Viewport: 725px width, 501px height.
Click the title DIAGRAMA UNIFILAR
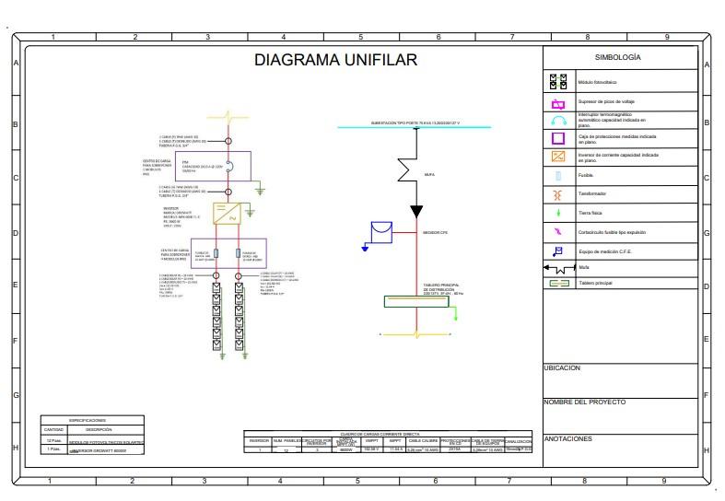click(336, 61)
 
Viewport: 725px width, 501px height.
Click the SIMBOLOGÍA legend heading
click(617, 57)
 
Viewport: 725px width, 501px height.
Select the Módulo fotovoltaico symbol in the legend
click(558, 82)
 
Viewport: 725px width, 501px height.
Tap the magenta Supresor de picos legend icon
click(558, 101)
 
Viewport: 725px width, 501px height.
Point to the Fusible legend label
click(585, 175)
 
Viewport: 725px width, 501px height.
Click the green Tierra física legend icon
click(558, 213)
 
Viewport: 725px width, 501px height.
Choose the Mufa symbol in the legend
click(558, 268)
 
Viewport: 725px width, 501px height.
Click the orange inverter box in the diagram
click(227, 214)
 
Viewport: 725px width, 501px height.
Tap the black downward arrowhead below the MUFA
click(416, 212)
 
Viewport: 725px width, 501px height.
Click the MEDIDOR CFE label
click(435, 234)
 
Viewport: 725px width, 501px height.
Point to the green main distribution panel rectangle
click(416, 302)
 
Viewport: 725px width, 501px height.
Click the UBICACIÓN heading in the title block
click(562, 367)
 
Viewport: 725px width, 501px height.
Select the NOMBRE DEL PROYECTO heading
click(584, 402)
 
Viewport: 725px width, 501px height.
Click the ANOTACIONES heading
click(567, 438)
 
